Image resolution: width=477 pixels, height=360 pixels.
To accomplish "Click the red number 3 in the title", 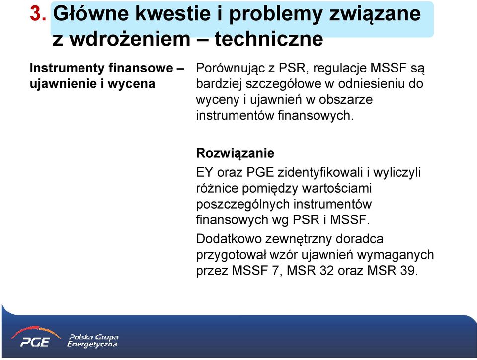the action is (36, 14).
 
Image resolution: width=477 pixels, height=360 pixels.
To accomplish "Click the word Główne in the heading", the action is (91, 14).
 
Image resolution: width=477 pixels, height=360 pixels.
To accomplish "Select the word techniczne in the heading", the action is (269, 39).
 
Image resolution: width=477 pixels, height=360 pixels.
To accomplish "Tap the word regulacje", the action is (339, 68).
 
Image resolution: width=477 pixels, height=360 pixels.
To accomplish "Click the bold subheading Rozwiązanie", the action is (235, 153).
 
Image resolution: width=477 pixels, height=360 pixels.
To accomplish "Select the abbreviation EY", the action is (204, 172).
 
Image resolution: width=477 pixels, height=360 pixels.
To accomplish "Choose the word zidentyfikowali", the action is (320, 173).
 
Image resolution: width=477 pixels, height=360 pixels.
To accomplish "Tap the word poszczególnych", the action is (242, 204).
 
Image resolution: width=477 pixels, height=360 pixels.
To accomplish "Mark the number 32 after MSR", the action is (327, 271).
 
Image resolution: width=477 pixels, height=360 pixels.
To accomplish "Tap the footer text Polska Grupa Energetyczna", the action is (93, 341).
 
